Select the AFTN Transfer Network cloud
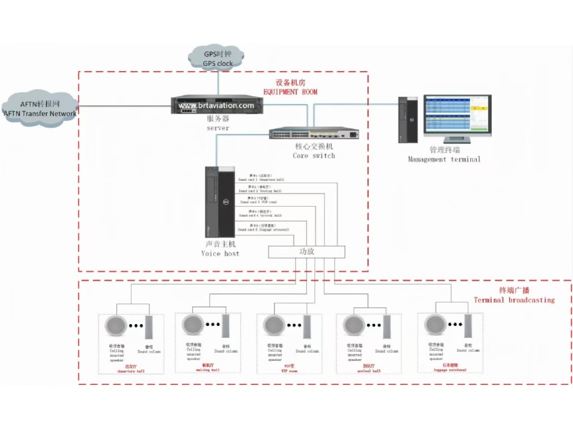(40, 108)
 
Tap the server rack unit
(217, 106)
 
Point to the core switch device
(315, 134)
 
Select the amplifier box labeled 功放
(307, 252)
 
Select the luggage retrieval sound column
(468, 326)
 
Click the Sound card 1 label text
(261, 178)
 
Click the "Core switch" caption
(313, 155)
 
